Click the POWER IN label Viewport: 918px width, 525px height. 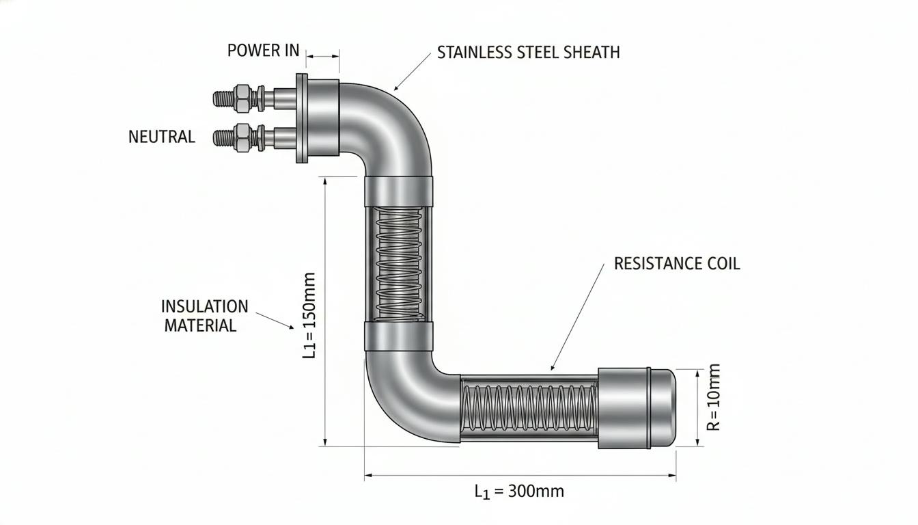(263, 51)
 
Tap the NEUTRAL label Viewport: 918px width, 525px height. (161, 137)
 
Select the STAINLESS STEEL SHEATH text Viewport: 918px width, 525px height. (528, 53)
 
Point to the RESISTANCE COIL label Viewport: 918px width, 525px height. (677, 263)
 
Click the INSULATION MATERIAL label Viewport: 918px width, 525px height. (204, 316)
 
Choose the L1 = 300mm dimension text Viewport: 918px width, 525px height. (519, 492)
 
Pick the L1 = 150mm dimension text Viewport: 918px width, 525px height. (309, 315)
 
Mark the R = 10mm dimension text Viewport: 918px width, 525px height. (714, 397)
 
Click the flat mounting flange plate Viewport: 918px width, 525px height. (302, 118)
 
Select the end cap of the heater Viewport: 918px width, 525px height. (637, 408)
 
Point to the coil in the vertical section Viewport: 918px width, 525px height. (399, 264)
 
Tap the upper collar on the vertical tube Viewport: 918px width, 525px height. (398, 191)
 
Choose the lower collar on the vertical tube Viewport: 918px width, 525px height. (398, 336)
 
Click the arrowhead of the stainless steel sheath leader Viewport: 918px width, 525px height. (395, 89)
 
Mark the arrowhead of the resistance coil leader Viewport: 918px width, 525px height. (553, 368)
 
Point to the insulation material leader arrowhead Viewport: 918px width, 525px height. (292, 327)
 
